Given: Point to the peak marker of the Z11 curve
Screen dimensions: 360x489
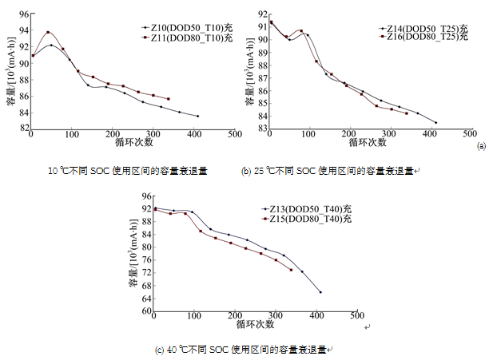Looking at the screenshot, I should [x=49, y=33].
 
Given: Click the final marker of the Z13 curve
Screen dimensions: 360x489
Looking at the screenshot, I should [x=320, y=292].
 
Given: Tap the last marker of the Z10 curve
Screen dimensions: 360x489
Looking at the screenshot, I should [x=197, y=117].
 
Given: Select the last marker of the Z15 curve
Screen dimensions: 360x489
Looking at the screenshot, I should [x=291, y=270].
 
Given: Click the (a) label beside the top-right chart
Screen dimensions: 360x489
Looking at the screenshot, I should [x=480, y=146].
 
